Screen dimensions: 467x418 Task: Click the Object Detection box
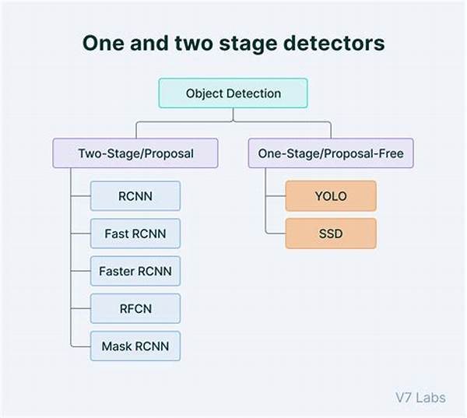coord(233,93)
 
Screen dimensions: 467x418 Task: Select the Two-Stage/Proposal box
coord(135,153)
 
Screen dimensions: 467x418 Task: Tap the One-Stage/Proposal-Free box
coord(331,153)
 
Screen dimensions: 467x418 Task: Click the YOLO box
coord(331,196)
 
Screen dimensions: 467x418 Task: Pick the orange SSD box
coord(331,234)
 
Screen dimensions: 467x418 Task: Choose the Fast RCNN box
coord(135,234)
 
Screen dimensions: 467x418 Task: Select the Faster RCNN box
coord(135,271)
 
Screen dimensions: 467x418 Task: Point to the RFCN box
coord(135,309)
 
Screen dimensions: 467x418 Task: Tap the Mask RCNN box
coord(135,346)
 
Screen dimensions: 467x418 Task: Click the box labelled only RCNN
coord(135,196)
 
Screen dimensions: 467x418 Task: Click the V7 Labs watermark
coord(420,398)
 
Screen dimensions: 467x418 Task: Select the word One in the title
coord(103,43)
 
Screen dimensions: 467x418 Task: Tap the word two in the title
coord(194,44)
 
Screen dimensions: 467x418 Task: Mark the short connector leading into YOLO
coord(276,196)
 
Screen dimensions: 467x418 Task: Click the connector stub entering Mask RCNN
coord(81,346)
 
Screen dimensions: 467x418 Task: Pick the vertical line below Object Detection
coord(233,114)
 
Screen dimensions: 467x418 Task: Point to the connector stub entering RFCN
coord(81,309)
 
